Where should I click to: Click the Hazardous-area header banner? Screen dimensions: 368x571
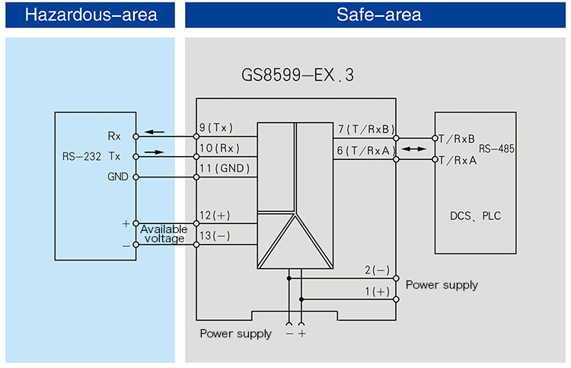coord(91,14)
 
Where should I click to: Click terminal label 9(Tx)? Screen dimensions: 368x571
coord(217,128)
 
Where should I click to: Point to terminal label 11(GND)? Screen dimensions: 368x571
coord(224,168)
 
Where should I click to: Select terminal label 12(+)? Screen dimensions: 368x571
coord(215,216)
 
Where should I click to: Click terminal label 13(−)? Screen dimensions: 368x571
coord(215,236)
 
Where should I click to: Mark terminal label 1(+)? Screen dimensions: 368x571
coord(377,291)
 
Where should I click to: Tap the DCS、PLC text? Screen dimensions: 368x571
coord(476,216)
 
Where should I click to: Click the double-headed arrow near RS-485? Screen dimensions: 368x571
coord(414,149)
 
